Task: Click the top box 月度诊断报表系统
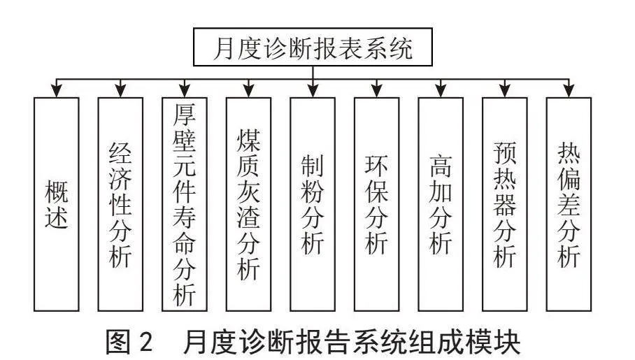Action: (313, 47)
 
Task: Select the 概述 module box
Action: (56, 204)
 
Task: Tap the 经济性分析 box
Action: (120, 204)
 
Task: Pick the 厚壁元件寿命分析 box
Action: (184, 204)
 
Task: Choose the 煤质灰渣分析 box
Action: (248, 204)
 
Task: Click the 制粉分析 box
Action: (313, 204)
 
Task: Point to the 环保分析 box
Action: (377, 204)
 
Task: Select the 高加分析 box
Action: (441, 204)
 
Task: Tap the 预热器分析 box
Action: (505, 204)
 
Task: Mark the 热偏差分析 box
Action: (569, 204)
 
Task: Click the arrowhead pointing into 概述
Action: (57, 90)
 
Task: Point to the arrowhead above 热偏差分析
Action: (569, 90)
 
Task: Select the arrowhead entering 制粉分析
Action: (313, 90)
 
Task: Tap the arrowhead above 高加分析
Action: (441, 90)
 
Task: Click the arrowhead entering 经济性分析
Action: (120, 90)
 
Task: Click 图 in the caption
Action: (119, 341)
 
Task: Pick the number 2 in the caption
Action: (145, 342)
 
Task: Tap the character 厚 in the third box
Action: (184, 115)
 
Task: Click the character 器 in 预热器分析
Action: (505, 205)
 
